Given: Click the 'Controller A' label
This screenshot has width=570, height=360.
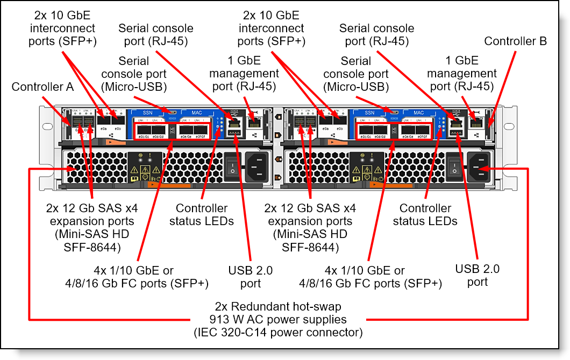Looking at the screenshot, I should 42,87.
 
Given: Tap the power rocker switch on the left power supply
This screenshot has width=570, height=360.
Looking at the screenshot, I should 231,165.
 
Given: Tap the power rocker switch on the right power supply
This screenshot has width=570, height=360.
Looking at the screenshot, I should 453,165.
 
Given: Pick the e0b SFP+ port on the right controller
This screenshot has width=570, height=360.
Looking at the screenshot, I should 339,121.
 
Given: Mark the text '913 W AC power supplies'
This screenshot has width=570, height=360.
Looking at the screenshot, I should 278,320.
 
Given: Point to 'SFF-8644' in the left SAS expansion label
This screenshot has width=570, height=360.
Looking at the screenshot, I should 88,247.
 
